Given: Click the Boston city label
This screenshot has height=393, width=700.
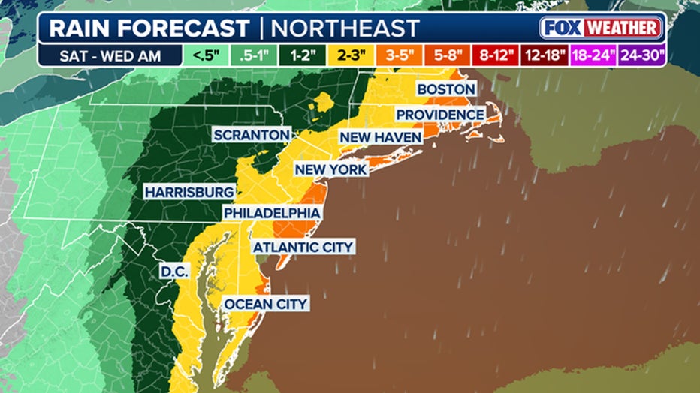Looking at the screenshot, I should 446,89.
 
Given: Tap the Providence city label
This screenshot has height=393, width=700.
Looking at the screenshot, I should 440,114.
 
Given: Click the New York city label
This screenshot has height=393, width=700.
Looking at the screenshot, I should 331,169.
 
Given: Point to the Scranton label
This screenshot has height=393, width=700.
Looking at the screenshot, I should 251,135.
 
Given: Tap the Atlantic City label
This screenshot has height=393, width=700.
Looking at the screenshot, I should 303,247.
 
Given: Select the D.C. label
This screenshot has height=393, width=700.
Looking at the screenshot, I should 174,271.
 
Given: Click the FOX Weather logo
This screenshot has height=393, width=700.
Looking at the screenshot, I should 601,28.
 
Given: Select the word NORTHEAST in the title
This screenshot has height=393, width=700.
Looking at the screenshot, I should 345,28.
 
